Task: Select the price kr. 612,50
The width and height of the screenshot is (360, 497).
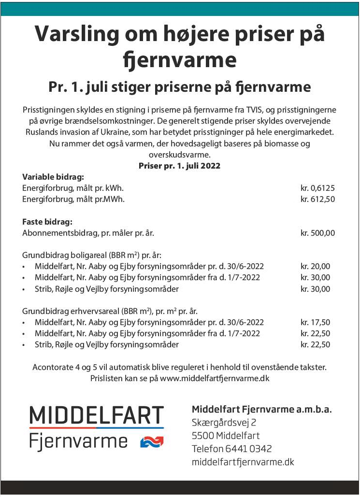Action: coord(317,199)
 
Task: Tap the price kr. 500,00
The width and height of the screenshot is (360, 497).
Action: coord(317,233)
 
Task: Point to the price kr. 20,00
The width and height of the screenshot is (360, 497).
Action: coord(316,266)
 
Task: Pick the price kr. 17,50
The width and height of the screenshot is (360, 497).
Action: coord(316,322)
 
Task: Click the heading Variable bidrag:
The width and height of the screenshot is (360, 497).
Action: coord(53,177)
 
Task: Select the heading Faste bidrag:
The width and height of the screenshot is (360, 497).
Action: coord(47,222)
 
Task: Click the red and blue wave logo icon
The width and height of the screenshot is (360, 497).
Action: coord(152,441)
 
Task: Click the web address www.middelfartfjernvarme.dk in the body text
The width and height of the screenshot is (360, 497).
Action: coord(215,378)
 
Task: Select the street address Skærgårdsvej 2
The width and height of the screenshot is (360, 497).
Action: coord(224,423)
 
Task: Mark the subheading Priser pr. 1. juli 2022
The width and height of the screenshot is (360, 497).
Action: coord(179,166)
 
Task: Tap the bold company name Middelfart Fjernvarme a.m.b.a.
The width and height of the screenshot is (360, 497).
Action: coord(261,410)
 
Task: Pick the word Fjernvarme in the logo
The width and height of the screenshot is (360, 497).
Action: coord(78,441)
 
